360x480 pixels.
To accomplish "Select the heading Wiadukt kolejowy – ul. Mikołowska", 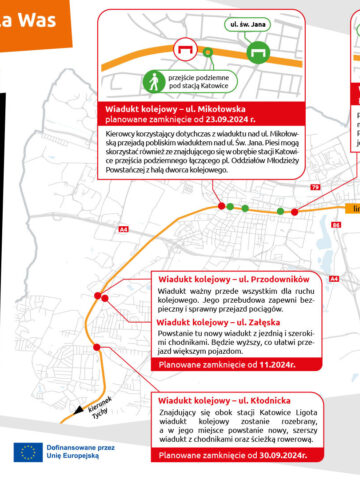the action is pyautogui.click(x=172, y=105).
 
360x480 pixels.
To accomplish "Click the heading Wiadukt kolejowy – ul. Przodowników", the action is pyautogui.click(x=226, y=278).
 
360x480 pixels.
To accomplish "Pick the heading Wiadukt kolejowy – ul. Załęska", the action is pyautogui.click(x=216, y=323).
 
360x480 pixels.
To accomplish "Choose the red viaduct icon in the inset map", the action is pyautogui.click(x=184, y=47).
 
